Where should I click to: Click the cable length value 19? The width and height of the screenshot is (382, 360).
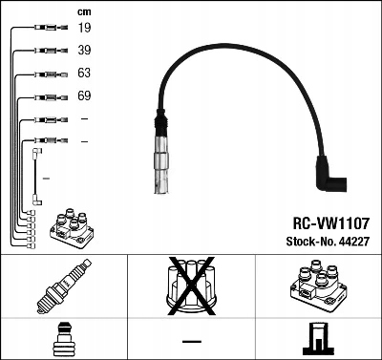click(84, 29)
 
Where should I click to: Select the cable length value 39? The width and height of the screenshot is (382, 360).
click(84, 51)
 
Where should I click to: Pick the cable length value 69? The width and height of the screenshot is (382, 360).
click(84, 97)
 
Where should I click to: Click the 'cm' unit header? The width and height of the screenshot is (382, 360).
click(84, 11)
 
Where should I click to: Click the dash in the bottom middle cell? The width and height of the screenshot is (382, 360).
click(191, 341)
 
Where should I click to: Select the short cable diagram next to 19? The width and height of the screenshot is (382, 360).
click(44, 29)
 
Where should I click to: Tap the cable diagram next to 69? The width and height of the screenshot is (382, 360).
click(44, 97)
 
